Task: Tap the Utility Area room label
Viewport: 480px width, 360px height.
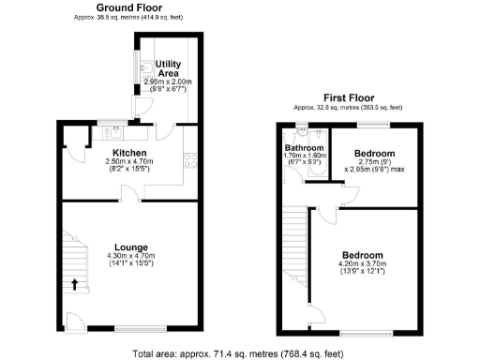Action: coord(168,67)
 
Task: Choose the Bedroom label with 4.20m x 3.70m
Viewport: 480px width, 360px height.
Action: coord(362,256)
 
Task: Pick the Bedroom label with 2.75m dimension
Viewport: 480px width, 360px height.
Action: coord(375,153)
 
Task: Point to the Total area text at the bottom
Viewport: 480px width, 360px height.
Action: coord(239,352)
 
